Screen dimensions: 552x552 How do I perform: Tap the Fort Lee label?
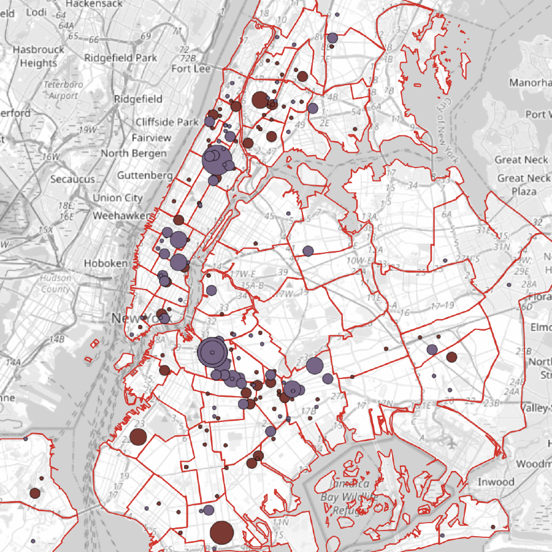[191, 69]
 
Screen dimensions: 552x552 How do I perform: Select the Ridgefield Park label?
[121, 58]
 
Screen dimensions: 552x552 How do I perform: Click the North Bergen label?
[133, 153]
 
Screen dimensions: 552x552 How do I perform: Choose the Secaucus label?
[72, 179]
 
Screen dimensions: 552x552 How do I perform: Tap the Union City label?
[117, 198]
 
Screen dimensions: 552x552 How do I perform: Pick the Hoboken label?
[106, 263]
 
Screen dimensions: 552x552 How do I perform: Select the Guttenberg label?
[145, 175]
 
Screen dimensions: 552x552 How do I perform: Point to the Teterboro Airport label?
[61, 90]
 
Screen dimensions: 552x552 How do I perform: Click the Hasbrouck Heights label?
[39, 55]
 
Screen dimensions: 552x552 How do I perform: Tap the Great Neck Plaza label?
[524, 185]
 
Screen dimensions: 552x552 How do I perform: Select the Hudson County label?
[55, 283]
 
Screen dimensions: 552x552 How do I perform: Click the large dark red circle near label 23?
[138, 437]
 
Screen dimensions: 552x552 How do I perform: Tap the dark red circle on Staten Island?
[35, 493]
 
